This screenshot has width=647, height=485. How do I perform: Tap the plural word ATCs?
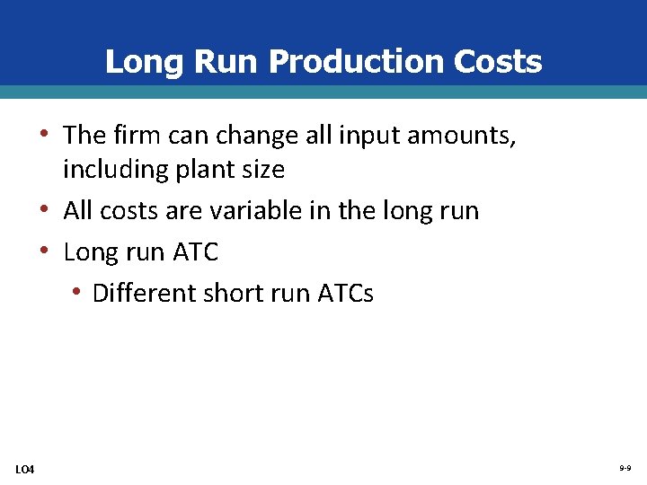point(346,293)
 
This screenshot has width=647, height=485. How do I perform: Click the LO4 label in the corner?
point(25,469)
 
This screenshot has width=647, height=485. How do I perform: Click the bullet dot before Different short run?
point(79,293)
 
